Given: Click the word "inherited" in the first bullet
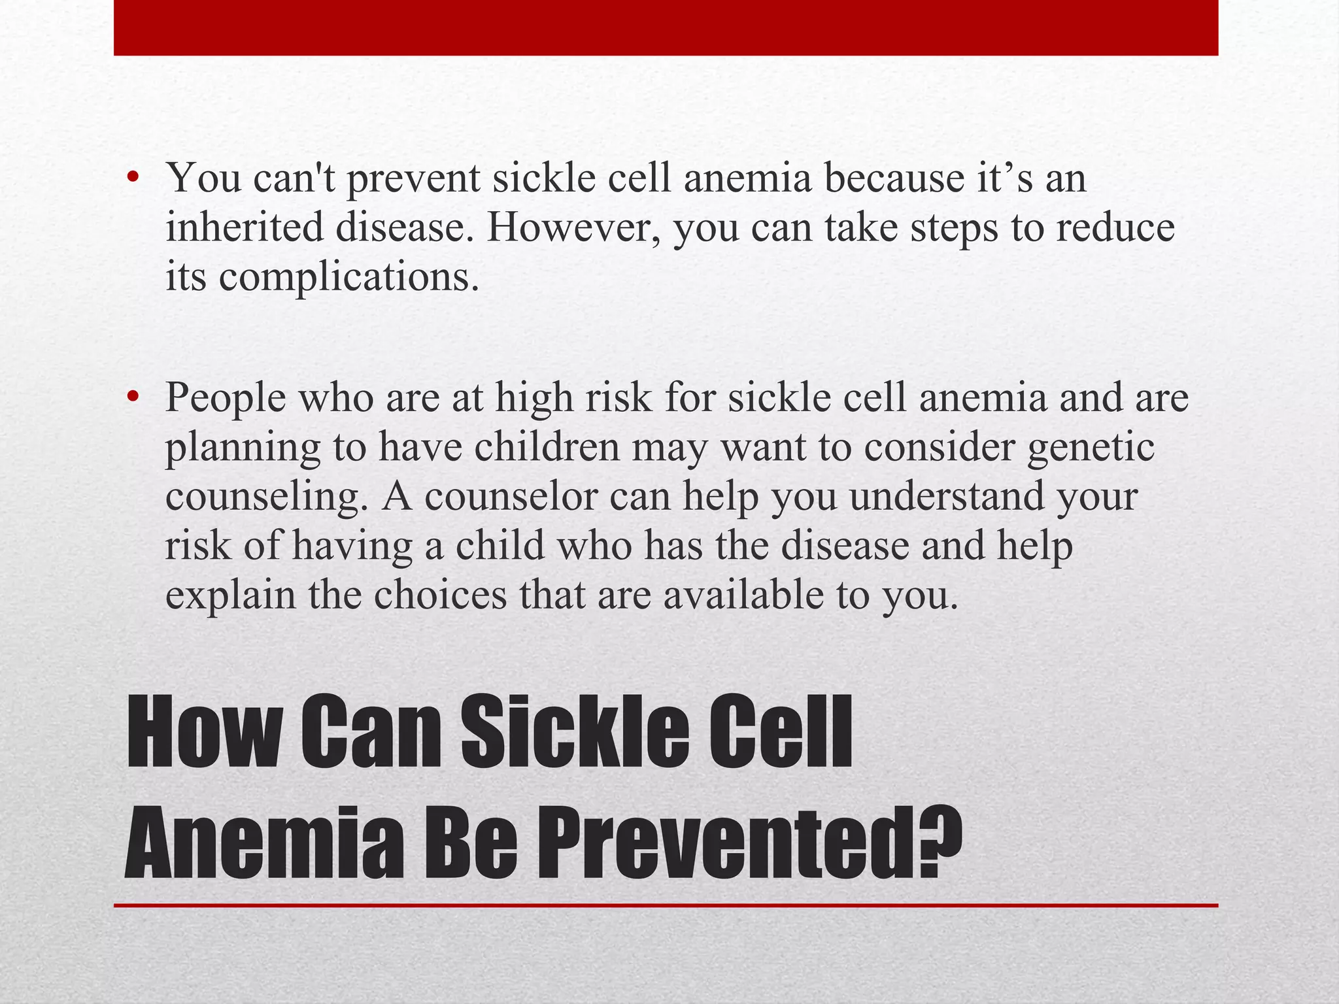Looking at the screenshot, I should pos(245,227).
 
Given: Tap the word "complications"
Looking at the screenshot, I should pos(344,277).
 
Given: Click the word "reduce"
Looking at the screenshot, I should pos(1115,227).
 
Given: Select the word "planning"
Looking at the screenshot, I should pos(243,448).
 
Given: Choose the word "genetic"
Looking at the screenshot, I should pos(1091,448).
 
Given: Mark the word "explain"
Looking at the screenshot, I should pos(230,596).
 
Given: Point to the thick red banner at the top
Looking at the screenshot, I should pos(666,27).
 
